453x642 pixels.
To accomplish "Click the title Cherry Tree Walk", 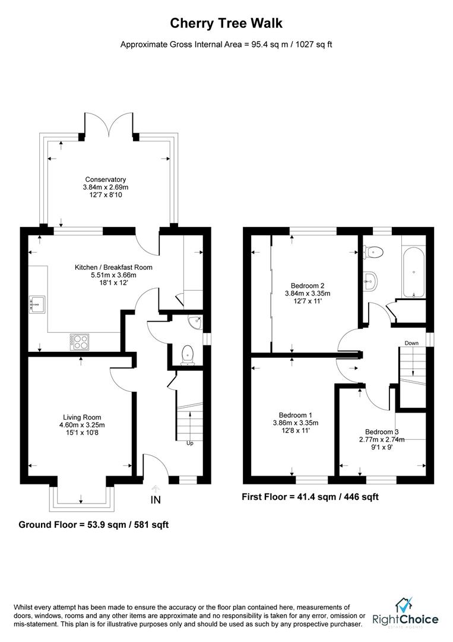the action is click(x=226, y=23).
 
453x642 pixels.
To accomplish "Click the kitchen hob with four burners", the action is click(x=80, y=342).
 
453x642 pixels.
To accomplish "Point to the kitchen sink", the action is click(x=37, y=304).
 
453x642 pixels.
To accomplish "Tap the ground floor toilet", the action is click(x=188, y=355).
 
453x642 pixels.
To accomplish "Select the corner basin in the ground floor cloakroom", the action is click(x=196, y=322).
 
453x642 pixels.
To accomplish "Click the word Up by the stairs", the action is click(x=190, y=443).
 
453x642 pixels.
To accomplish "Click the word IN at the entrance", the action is click(x=156, y=500).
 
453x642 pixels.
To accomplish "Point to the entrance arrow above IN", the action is click(x=156, y=489).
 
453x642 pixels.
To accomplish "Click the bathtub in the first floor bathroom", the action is click(x=414, y=272).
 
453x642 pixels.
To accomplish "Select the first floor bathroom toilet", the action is click(x=373, y=252).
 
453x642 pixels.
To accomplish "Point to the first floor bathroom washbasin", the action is click(x=370, y=281).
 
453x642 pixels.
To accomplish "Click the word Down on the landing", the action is click(x=411, y=343).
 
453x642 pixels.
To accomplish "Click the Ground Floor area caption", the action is click(x=94, y=524).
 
